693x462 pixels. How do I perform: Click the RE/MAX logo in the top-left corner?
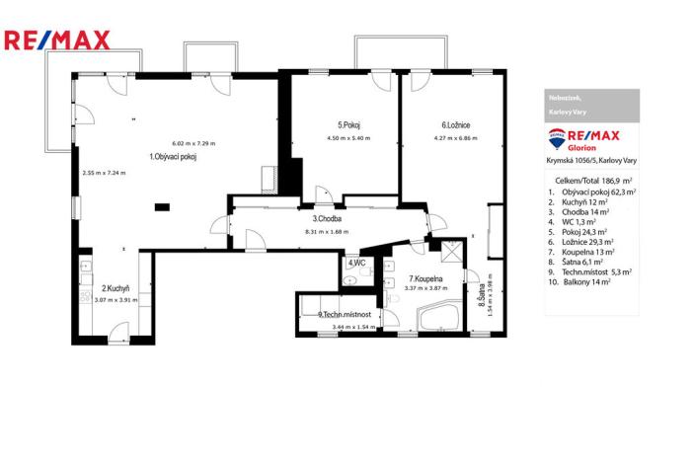click(57, 40)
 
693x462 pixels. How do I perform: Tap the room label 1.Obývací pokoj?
click(173, 157)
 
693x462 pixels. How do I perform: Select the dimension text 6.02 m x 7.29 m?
click(193, 143)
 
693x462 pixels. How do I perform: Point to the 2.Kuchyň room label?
click(116, 289)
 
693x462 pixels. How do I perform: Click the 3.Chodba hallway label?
click(328, 219)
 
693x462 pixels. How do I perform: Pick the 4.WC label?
click(356, 264)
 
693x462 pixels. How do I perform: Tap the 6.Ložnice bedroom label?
click(455, 125)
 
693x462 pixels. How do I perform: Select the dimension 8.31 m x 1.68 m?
click(329, 232)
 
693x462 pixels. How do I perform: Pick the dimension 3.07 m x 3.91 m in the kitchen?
click(116, 299)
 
